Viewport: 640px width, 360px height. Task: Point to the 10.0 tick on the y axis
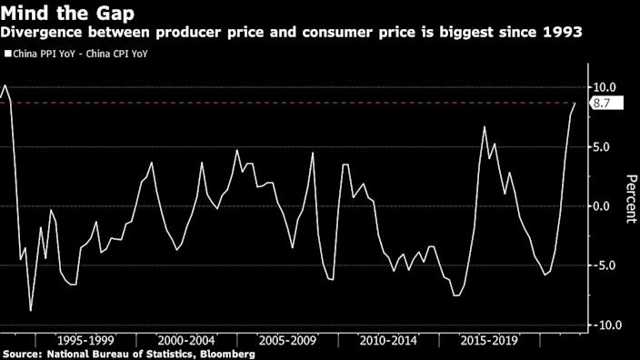(x=606, y=87)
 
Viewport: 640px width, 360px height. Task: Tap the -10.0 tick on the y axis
(x=605, y=325)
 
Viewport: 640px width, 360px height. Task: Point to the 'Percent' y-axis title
(x=628, y=198)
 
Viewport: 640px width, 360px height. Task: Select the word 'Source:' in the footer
(x=24, y=353)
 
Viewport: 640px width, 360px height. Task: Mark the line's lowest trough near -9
(x=31, y=311)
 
